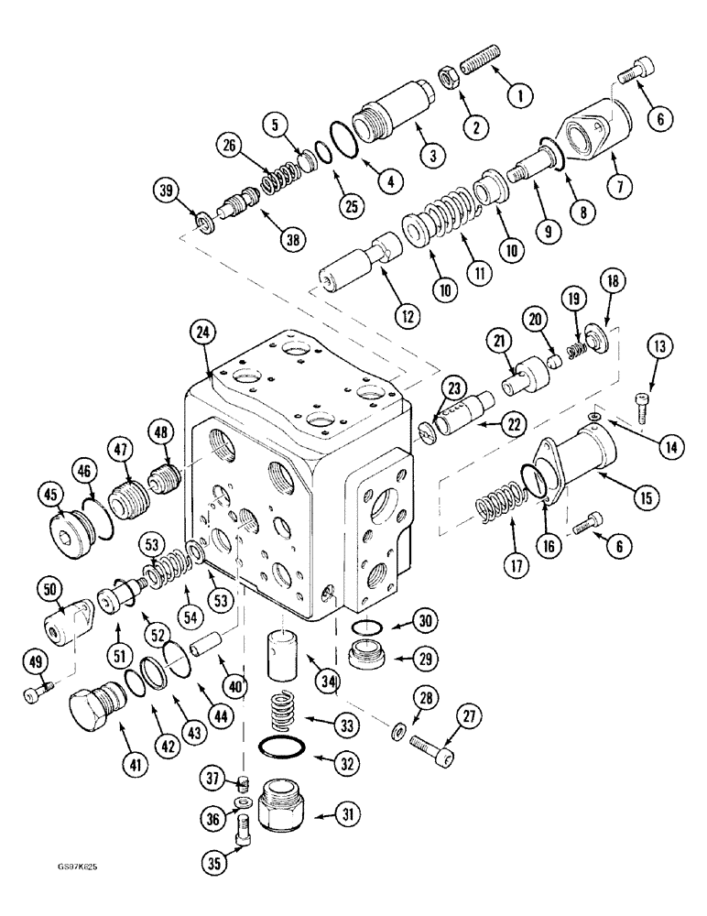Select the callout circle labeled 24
[x=204, y=334]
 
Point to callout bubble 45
[x=50, y=496]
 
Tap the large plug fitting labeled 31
[x=279, y=812]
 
